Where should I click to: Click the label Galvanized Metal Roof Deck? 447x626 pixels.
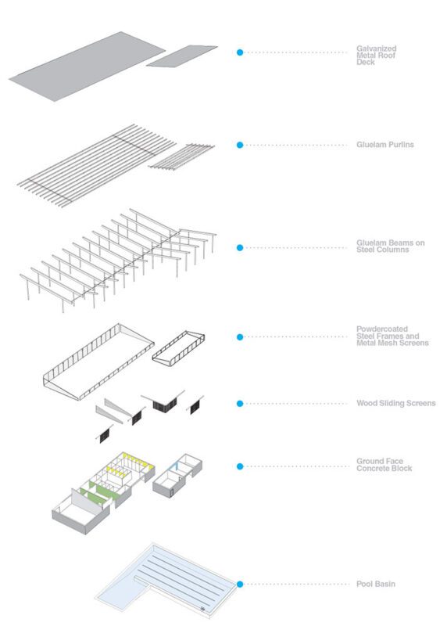376,56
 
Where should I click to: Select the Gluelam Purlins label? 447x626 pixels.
384,145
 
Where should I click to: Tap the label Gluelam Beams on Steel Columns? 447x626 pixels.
391,246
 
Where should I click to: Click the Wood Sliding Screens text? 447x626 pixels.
396,403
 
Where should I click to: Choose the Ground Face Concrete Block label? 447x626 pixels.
384,465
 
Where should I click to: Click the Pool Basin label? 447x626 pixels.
376,584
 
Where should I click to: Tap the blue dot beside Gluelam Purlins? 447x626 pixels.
240,145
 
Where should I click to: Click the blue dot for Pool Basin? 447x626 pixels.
240,584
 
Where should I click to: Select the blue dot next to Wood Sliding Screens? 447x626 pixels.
240,404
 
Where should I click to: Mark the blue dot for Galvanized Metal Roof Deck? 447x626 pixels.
240,52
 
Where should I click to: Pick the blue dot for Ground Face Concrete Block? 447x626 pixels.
240,466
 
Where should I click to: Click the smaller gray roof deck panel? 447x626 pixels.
182,56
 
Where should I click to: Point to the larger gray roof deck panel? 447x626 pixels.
87,67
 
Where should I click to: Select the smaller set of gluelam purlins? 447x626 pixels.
181,156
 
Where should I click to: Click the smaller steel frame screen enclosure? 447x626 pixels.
178,348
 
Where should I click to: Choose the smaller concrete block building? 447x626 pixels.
177,476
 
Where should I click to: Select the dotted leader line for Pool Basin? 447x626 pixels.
296,584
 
